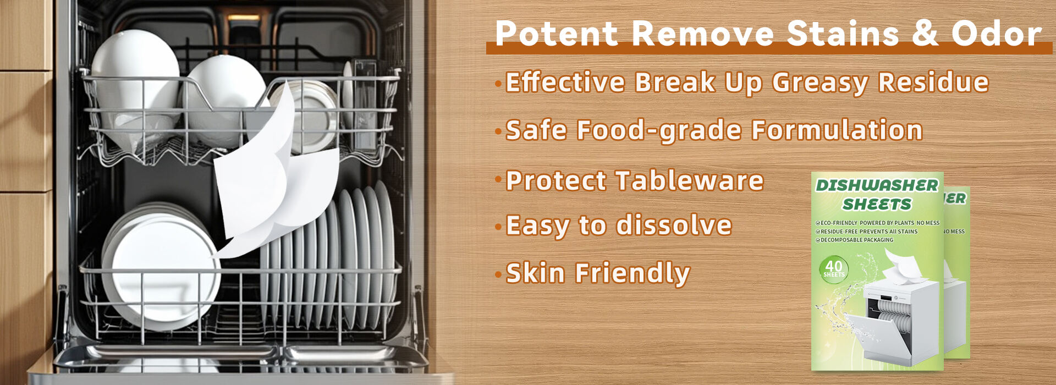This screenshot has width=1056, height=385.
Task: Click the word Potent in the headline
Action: (557, 33)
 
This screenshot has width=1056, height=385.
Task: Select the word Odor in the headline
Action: (996, 33)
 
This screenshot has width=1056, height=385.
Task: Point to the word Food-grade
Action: (660, 131)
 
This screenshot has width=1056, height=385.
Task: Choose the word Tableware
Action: (690, 180)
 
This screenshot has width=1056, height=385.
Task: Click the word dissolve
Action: (674, 226)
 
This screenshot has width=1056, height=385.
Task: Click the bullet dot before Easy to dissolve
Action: (498, 226)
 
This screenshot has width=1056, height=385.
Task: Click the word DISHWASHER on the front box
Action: (877, 186)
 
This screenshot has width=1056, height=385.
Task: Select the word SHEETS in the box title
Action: (877, 205)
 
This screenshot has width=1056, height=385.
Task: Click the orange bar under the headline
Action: (769, 48)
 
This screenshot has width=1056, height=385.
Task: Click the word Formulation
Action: (838, 130)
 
